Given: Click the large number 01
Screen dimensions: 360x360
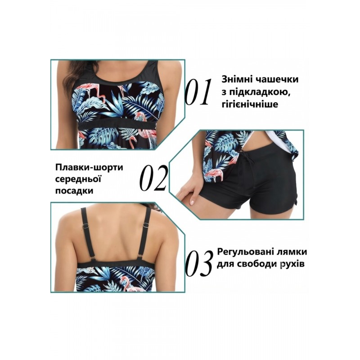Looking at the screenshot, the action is click(198, 92).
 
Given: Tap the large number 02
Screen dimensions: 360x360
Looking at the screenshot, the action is click(153, 178).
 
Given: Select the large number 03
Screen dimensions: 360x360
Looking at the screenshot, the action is click(199, 264).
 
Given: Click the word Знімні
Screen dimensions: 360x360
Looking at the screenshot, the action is click(237, 80).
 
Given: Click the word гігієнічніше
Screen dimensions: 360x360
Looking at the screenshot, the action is click(250, 104).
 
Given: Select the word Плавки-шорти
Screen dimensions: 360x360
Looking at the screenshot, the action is click(89, 167).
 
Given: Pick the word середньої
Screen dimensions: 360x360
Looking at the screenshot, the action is click(78, 179).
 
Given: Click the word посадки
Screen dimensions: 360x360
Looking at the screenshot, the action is click(74, 191).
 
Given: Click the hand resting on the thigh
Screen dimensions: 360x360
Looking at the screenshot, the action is click(190, 193).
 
